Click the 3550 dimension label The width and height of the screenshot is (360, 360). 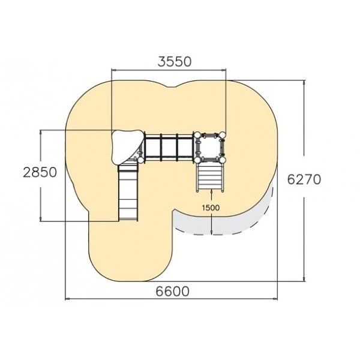pos(175,62)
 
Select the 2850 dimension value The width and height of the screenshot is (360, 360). pos(40,172)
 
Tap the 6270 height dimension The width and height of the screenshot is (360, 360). pos(304,179)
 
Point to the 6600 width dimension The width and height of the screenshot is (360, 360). pos(173,292)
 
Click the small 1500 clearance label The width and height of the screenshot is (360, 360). pos(211,208)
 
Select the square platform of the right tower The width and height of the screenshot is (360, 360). pos(210,147)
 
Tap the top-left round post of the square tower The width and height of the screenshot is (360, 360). pos(197,134)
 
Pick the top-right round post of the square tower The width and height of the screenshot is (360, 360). pos(223,134)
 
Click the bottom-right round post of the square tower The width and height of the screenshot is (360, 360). pos(223,160)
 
